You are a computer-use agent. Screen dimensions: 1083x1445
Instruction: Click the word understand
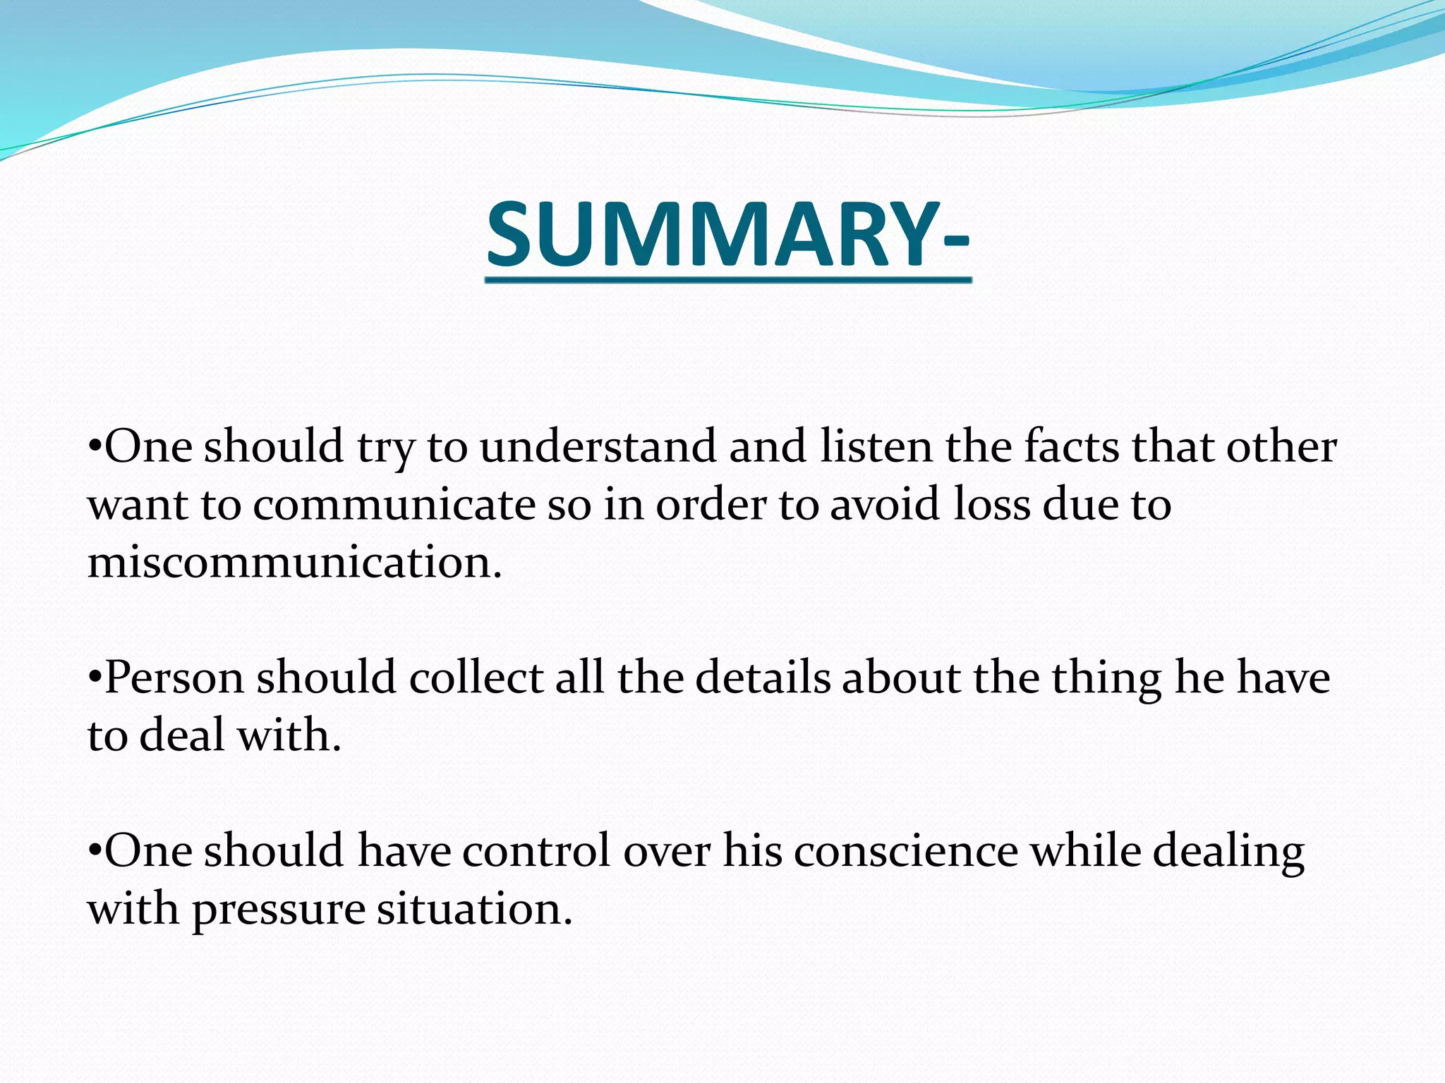(x=598, y=447)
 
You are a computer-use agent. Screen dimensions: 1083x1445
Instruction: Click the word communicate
(x=394, y=506)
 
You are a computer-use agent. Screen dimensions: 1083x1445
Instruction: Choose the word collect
(x=476, y=678)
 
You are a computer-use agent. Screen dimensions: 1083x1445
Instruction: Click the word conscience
(x=905, y=851)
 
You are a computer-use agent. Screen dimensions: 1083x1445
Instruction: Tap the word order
(x=711, y=506)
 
